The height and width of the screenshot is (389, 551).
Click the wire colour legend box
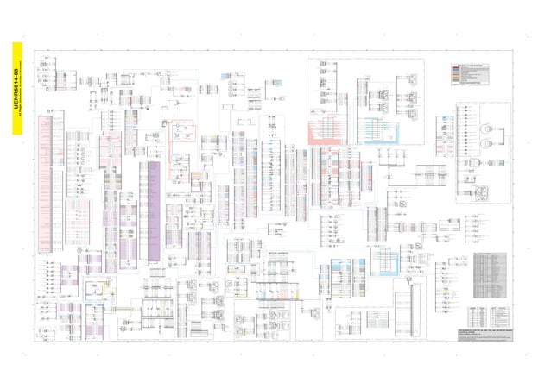(477, 77)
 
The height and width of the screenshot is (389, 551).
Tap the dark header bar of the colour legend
(477, 65)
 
